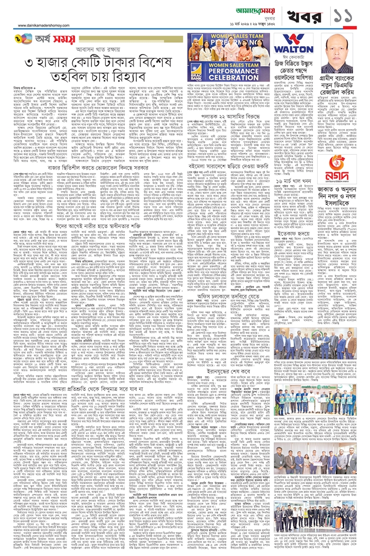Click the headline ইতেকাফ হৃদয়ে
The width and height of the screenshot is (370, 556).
[286, 232]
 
